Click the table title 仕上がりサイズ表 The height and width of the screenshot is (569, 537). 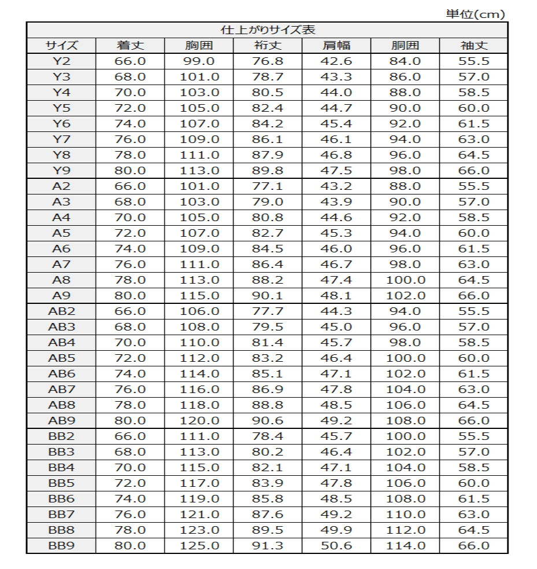coord(268,30)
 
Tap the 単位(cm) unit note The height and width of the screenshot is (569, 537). coord(475,14)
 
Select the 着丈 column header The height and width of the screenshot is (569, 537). coord(130,46)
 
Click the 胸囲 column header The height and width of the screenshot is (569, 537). coord(199,46)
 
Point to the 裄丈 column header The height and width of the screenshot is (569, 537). coord(268,46)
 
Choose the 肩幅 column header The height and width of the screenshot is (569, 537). coord(336,46)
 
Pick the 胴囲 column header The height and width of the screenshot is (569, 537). coord(405,46)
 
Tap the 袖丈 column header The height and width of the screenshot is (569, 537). coord(473,46)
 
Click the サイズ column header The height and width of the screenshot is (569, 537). coord(61,46)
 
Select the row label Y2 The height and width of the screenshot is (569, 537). coord(61,61)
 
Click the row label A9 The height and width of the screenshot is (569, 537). coord(61,296)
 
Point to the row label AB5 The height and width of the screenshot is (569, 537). coord(61,358)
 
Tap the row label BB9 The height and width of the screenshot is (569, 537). coord(61,546)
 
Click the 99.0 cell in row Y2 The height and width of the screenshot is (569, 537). coord(199,61)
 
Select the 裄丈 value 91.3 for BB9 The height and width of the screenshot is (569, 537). coord(268,546)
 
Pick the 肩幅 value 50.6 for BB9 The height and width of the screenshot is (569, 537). coord(336,546)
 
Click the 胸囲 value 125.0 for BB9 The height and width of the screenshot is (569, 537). coord(199,546)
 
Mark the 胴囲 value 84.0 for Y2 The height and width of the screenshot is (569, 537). coord(405,61)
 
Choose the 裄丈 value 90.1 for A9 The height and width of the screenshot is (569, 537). coord(268,296)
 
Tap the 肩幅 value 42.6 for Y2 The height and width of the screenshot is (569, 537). coord(336,61)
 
